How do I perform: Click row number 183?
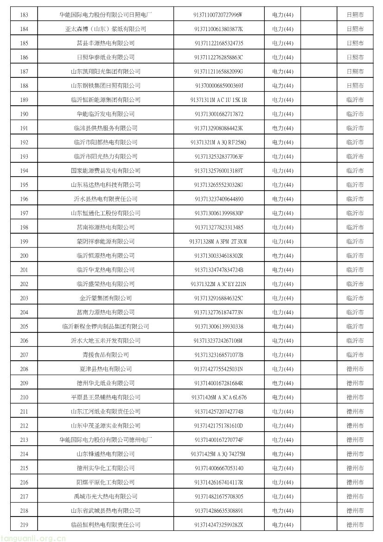point(25,15)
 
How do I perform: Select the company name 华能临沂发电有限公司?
point(106,114)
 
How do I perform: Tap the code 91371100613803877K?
point(218,29)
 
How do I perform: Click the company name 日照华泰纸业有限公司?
point(106,57)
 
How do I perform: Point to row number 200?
point(25,255)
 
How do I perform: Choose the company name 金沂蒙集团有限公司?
point(106,298)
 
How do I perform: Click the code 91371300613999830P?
point(218,213)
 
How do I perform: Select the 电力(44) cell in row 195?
point(282,185)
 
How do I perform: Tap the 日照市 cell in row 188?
point(355,86)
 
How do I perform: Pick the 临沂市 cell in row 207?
point(355,355)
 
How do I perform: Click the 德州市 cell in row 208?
point(355,369)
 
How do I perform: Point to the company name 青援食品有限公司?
point(106,355)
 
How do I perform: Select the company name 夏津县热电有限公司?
point(106,369)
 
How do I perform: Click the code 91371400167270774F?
point(218,440)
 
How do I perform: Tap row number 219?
point(25,525)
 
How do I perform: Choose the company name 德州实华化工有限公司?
point(106,468)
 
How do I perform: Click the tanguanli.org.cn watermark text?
point(32,538)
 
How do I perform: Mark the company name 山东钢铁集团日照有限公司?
point(106,86)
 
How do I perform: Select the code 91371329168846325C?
point(218,298)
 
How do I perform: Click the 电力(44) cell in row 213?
point(282,440)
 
